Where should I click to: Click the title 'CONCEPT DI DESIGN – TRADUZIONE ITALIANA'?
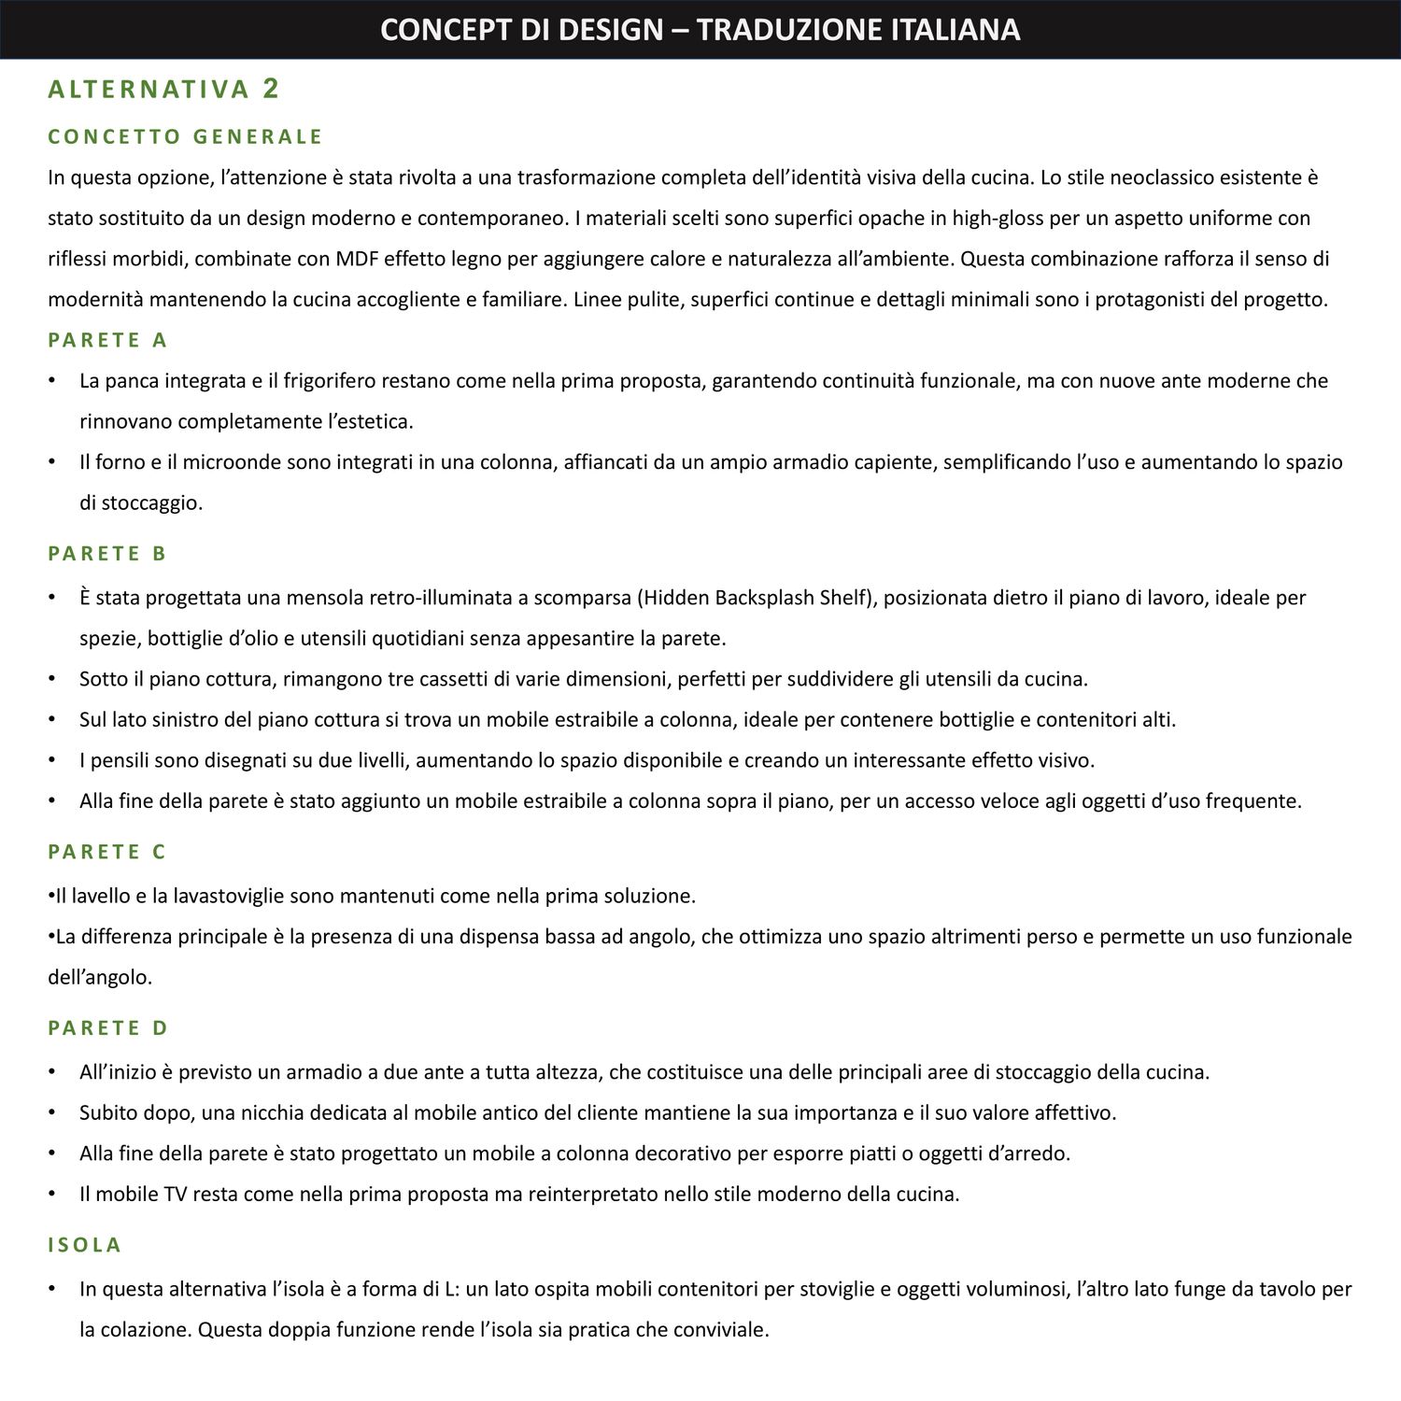pyautogui.click(x=700, y=30)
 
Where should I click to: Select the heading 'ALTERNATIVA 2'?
pyautogui.click(x=163, y=90)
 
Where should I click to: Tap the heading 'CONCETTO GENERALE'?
pyautogui.click(x=185, y=137)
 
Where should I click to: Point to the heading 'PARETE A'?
pyautogui.click(x=107, y=340)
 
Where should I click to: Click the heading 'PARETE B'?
pyautogui.click(x=107, y=554)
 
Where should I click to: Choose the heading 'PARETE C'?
pyautogui.click(x=107, y=852)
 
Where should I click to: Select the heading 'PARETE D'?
pyautogui.click(x=107, y=1028)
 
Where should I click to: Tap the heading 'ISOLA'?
pyautogui.click(x=85, y=1245)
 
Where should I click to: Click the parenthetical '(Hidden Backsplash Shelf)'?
pyautogui.click(x=757, y=598)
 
